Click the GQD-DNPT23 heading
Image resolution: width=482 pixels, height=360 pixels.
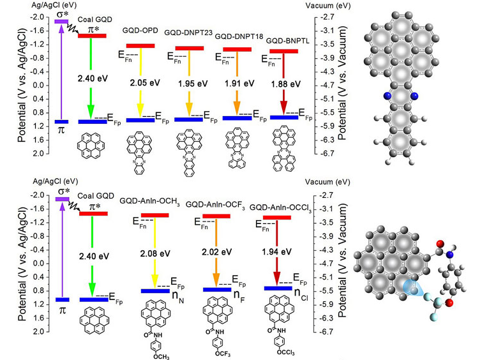click(x=188, y=33)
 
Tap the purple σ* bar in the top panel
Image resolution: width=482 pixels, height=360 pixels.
click(x=61, y=22)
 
